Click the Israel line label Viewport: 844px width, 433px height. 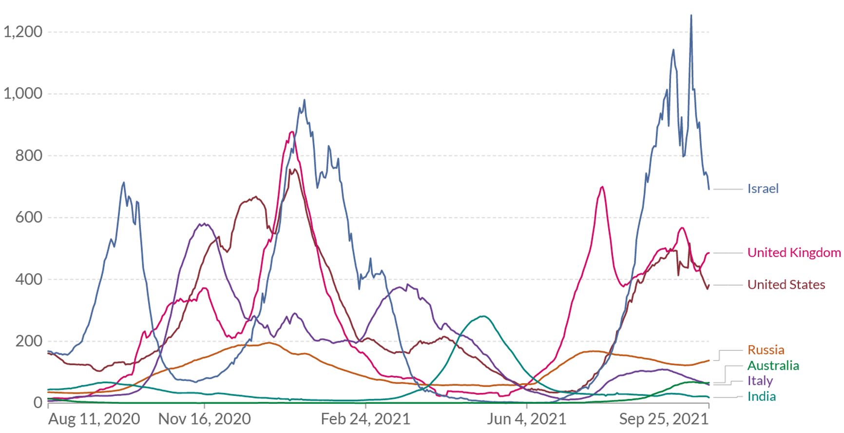763,189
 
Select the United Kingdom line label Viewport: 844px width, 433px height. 794,253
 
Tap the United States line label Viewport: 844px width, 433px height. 786,285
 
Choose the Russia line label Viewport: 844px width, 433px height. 766,350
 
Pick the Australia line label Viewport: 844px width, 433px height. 773,366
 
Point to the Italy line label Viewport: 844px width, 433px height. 760,381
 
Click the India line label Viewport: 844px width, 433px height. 761,396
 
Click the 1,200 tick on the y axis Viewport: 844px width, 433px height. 23,32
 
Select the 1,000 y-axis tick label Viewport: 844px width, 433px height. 23,94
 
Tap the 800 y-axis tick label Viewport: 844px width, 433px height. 29,156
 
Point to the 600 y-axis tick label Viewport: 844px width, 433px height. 29,217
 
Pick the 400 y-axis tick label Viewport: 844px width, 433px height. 29,279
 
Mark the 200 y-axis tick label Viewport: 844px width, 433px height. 29,341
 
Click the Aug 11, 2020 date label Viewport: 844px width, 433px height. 94,419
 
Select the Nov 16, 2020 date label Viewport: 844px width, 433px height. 205,419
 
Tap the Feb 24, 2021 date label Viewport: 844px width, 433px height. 365,419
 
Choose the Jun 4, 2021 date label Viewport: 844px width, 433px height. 526,419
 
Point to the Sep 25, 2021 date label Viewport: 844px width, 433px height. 663,419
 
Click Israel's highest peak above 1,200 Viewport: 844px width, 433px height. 691,16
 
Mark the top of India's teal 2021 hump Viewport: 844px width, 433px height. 482,316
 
